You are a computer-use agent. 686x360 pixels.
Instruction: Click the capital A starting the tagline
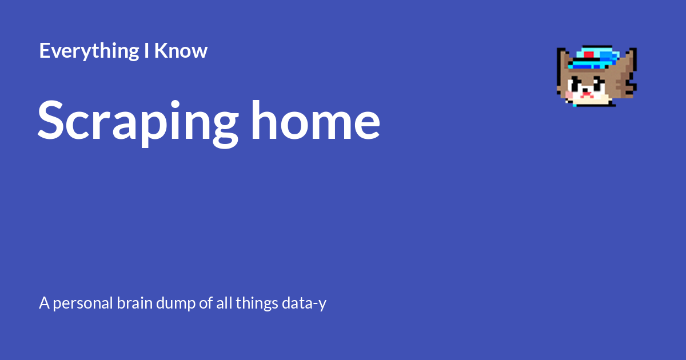coord(44,303)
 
